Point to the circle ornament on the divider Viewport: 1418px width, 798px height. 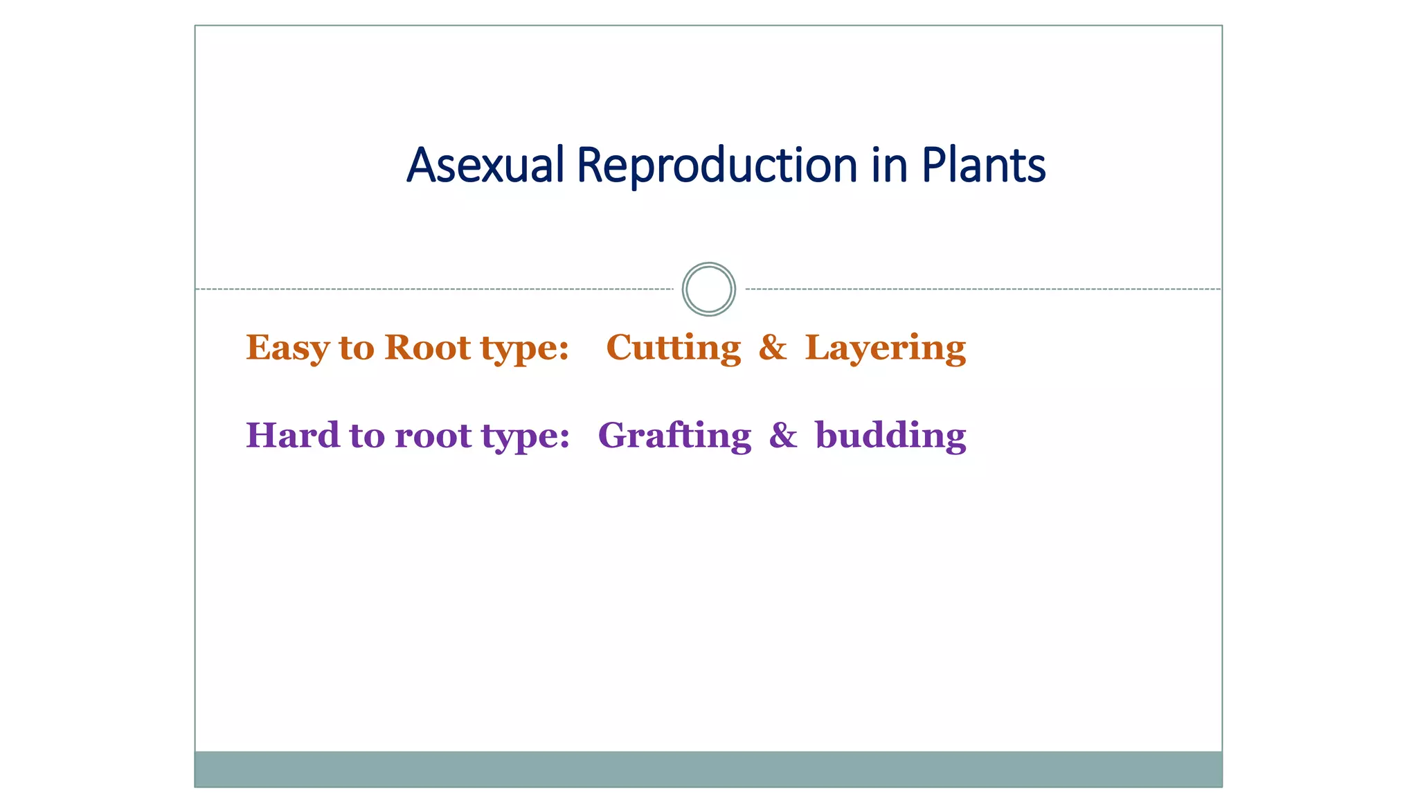708,289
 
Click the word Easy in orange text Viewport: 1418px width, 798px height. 287,348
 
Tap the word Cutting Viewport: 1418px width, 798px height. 673,348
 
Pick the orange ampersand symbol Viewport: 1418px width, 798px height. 772,347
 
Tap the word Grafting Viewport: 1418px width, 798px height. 674,436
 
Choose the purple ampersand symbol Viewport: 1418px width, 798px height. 782,436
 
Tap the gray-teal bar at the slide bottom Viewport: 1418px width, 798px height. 708,769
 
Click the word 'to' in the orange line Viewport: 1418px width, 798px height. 356,348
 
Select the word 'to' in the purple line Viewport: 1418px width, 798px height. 366,436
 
